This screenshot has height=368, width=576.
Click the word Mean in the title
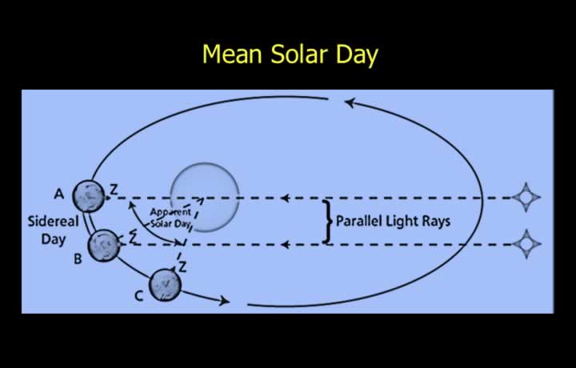[232, 54]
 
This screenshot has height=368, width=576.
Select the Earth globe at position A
[89, 197]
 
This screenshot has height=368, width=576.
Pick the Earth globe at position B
[104, 246]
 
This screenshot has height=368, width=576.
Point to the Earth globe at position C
[165, 285]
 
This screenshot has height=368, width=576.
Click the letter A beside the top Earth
[58, 194]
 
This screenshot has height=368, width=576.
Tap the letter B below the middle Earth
[78, 259]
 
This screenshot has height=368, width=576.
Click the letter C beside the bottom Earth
[138, 296]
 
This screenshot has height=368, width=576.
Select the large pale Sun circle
[205, 198]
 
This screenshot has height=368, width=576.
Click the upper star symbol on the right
[526, 198]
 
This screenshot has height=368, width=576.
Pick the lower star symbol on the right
[526, 244]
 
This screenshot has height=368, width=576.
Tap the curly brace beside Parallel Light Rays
[327, 222]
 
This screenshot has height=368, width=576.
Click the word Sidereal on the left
[54, 222]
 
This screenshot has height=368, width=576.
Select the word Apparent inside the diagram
[170, 212]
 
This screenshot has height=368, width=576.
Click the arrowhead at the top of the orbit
[350, 103]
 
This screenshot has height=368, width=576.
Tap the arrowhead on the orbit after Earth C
[224, 301]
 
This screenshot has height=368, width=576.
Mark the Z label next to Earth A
[114, 190]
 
